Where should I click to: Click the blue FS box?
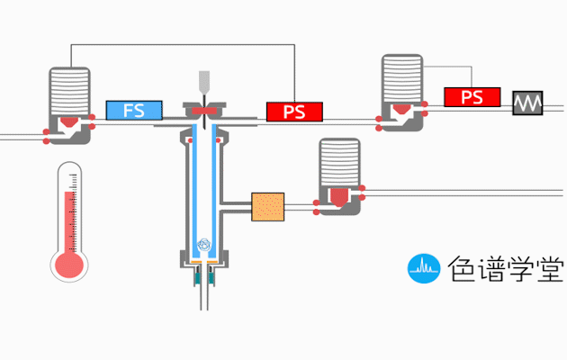pyautogui.click(x=134, y=111)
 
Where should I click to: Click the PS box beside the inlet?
pyautogui.click(x=294, y=112)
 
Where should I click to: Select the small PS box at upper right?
pyautogui.click(x=472, y=96)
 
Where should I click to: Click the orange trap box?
pyautogui.click(x=268, y=208)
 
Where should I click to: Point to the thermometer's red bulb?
pyautogui.click(x=69, y=265)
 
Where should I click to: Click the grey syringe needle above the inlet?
pyautogui.click(x=204, y=84)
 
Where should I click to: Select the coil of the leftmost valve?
pyautogui.click(x=69, y=90)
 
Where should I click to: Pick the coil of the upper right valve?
pyautogui.click(x=402, y=78)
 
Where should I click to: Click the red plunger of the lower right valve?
pyautogui.click(x=339, y=195)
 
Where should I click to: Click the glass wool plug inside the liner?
pyautogui.click(x=204, y=243)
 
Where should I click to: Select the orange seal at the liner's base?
pyautogui.click(x=205, y=261)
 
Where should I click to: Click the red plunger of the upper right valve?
pyautogui.click(x=401, y=112)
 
